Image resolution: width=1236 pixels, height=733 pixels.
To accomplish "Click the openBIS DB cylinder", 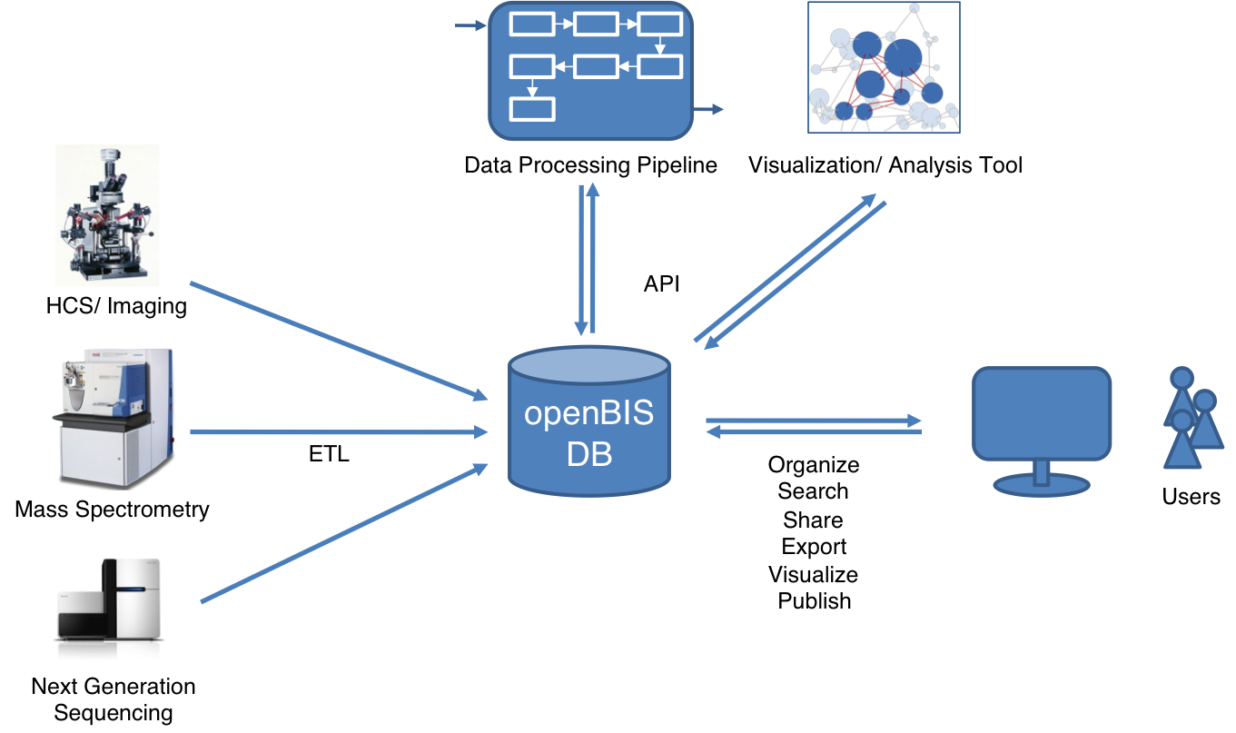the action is click(589, 421).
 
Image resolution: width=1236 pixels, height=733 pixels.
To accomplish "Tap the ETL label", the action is click(329, 454).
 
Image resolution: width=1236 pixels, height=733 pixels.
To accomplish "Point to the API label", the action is click(661, 283).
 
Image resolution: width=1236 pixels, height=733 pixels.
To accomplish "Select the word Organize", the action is click(814, 465).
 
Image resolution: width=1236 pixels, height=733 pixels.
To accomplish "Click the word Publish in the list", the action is click(815, 600).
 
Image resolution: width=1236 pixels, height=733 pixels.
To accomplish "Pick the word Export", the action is click(814, 547).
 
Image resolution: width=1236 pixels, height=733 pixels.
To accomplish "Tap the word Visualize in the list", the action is click(814, 574).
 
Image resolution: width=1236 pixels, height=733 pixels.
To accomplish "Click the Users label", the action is click(1191, 496).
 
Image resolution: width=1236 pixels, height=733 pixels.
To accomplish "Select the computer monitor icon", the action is click(1042, 431).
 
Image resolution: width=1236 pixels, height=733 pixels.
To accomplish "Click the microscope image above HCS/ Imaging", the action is click(107, 215).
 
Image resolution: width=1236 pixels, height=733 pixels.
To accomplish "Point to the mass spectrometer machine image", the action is click(114, 419).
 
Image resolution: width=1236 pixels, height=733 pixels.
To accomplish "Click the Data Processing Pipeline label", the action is click(590, 165).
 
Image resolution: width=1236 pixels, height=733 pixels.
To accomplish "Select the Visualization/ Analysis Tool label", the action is click(885, 165).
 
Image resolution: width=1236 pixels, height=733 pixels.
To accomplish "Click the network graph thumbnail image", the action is click(884, 67).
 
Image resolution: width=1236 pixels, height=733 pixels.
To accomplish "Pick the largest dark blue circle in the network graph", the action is click(903, 57).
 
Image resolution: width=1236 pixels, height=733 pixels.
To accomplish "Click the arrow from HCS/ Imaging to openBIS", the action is click(339, 342).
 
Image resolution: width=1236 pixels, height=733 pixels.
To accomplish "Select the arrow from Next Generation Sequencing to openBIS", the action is click(344, 532).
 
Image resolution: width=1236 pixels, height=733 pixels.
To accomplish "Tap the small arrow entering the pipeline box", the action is click(470, 25).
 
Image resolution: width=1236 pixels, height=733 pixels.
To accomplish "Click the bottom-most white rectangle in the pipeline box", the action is click(532, 109).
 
